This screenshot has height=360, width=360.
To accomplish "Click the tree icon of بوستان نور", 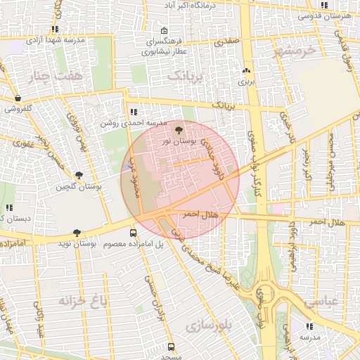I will [x=179, y=130].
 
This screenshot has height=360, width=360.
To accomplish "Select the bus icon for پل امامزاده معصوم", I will [x=134, y=233].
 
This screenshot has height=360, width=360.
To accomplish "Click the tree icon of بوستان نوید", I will [x=77, y=233].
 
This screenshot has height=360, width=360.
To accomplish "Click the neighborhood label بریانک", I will [x=188, y=75].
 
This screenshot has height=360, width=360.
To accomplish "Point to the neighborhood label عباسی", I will [x=321, y=302].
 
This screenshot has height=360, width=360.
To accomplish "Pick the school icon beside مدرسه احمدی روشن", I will [x=134, y=111].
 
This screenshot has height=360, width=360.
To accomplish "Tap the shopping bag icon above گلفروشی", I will [x=18, y=98].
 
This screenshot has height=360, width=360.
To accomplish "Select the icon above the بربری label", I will [x=246, y=70].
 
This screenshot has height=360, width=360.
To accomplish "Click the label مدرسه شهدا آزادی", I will [x=55, y=40].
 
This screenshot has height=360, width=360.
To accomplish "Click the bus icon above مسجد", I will [x=171, y=347].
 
